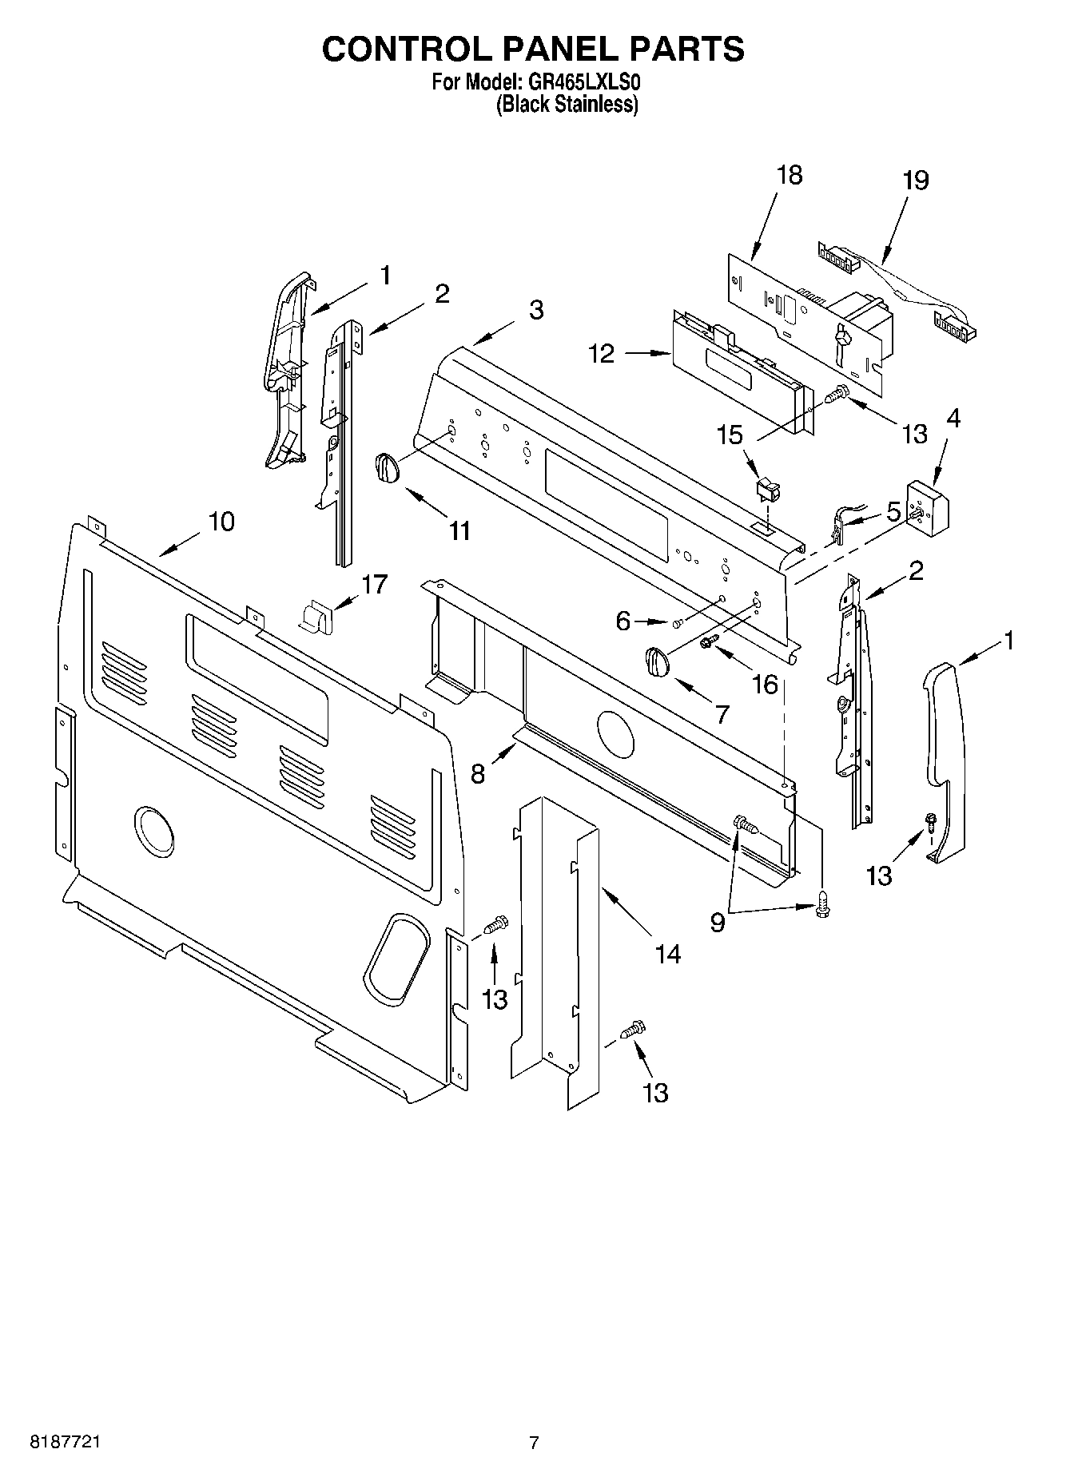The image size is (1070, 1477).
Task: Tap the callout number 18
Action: point(789,175)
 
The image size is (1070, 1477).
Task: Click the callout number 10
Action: point(221,522)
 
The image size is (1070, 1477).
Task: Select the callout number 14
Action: point(667,953)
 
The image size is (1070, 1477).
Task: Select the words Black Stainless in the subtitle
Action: point(567,105)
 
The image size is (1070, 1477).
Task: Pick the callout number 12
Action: point(602,354)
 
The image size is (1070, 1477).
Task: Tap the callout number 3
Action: point(535,310)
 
